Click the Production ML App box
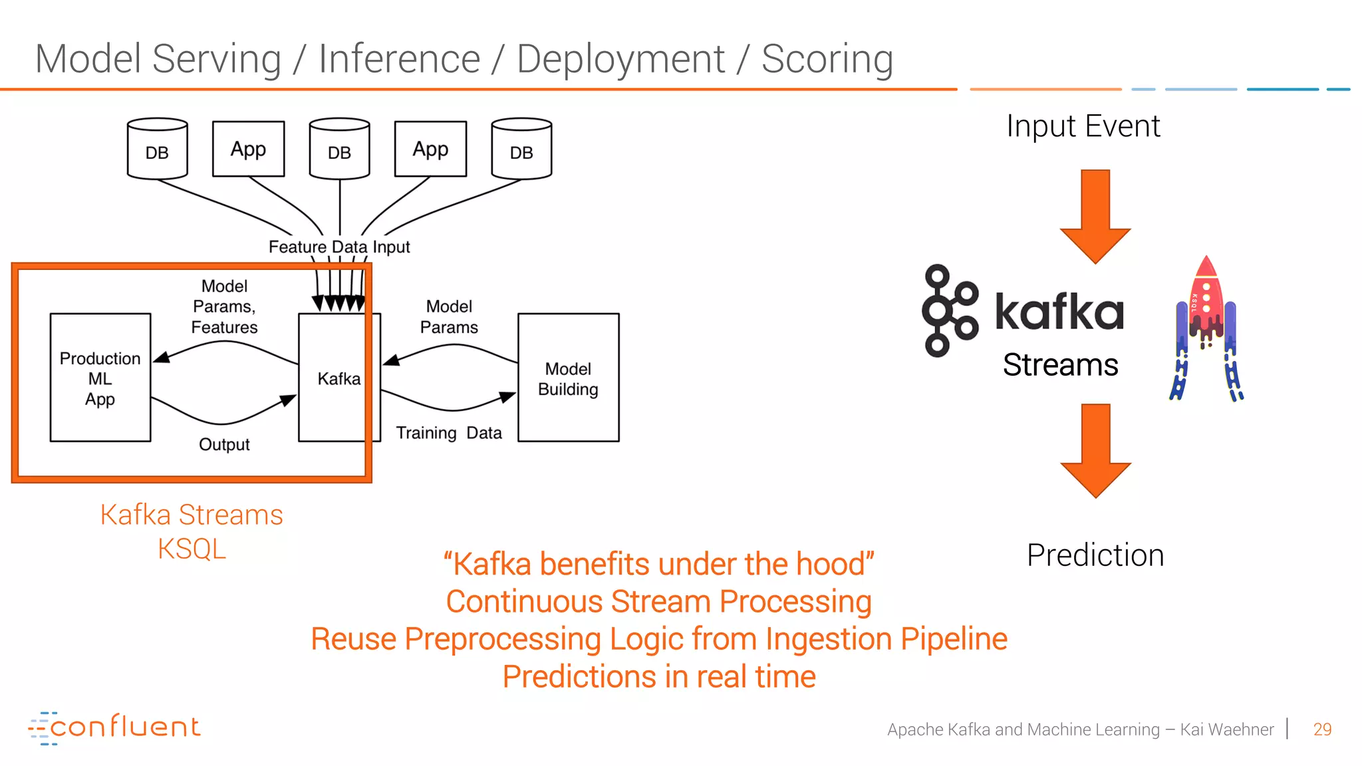pos(100,378)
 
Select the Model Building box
pos(568,378)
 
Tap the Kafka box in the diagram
pos(339,378)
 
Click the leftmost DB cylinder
pos(157,149)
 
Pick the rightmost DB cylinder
pos(521,149)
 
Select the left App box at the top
pos(248,149)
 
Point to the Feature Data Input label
pos(339,247)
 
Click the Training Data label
pos(449,433)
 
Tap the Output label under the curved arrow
pos(224,444)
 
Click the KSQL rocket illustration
pos(1206,329)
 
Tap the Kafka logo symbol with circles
pos(949,311)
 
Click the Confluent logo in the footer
pos(114,727)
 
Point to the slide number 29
pos(1322,729)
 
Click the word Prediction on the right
pos(1095,555)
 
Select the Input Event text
pos(1083,126)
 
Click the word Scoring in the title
pos(827,59)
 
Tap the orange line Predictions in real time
pos(658,677)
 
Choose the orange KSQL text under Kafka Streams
pos(192,549)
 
